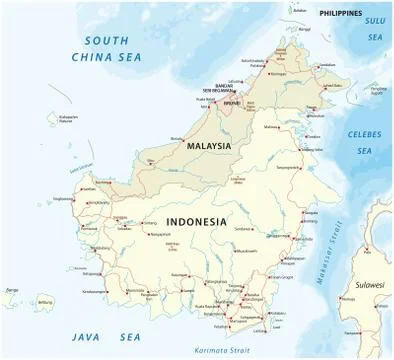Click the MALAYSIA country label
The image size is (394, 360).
[x=209, y=146]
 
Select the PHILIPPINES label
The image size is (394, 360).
[x=340, y=12]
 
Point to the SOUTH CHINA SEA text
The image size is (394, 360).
[x=121, y=50]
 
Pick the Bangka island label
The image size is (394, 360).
[x=12, y=291]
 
